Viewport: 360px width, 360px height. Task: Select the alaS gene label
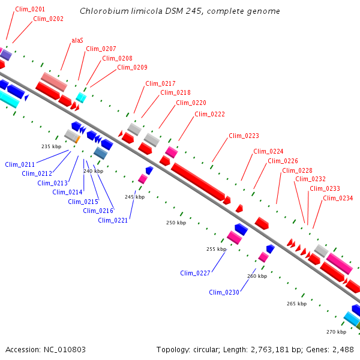(77, 40)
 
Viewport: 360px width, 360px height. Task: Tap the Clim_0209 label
(132, 67)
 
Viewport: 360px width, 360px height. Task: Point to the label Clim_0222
(209, 114)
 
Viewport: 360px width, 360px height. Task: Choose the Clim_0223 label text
(244, 136)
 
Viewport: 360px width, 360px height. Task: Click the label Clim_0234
(338, 198)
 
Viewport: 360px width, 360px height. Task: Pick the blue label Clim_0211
(20, 164)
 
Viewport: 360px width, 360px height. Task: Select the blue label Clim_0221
(113, 220)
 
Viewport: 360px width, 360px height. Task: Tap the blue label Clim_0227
(195, 273)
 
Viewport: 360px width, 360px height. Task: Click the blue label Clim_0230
(224, 292)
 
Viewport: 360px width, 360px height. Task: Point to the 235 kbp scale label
(51, 146)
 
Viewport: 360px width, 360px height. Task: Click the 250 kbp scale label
(176, 223)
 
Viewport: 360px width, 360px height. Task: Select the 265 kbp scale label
(296, 304)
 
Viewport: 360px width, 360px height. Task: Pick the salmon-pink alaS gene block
(54, 80)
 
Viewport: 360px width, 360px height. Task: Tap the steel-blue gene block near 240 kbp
(100, 153)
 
